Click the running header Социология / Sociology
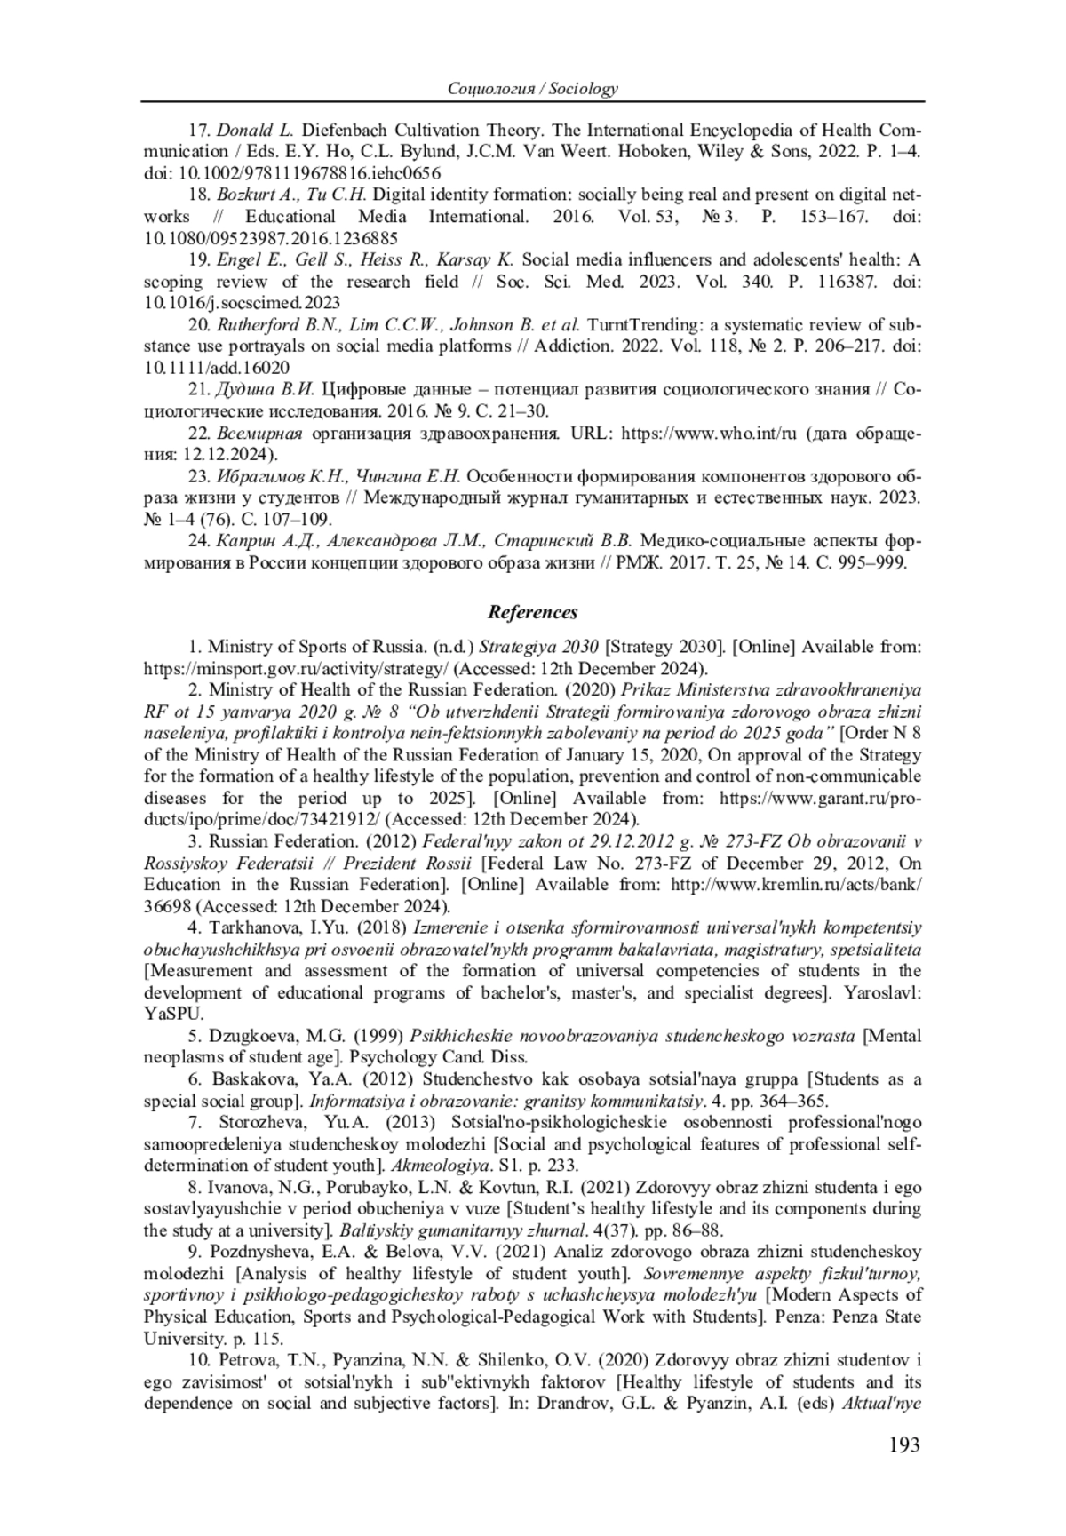click(x=533, y=89)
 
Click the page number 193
click(x=903, y=1445)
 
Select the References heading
click(x=533, y=612)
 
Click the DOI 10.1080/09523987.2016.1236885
click(x=270, y=238)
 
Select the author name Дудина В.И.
click(x=265, y=389)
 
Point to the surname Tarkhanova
click(x=250, y=928)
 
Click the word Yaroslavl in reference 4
click(x=883, y=992)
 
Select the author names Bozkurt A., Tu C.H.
click(x=291, y=195)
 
